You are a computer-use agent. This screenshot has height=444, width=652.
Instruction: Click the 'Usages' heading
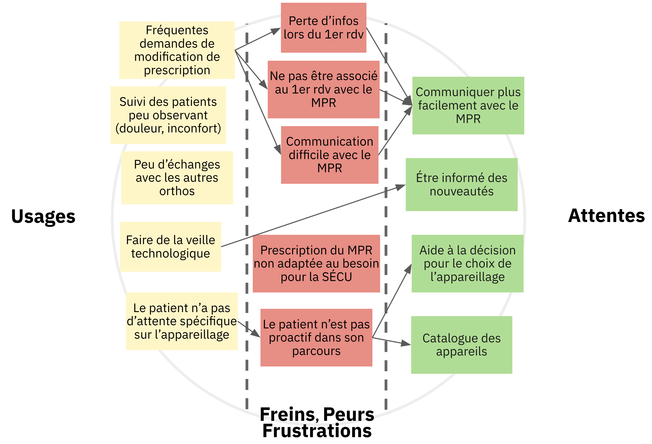tap(43, 216)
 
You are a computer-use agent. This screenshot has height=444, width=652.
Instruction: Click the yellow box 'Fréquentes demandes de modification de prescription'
tap(177, 50)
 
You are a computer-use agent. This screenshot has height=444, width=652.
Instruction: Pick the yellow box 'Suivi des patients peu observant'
tap(168, 115)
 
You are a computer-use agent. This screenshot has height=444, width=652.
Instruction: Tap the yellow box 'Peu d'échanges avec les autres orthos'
tap(177, 178)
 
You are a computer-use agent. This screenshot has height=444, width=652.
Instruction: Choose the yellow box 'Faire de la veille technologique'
tap(171, 247)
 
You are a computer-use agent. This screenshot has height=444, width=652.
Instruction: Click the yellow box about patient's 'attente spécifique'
tap(182, 321)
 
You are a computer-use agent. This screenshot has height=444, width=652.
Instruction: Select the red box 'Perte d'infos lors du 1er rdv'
tap(323, 27)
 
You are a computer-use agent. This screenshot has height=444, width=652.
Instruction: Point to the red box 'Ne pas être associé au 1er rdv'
tap(323, 89)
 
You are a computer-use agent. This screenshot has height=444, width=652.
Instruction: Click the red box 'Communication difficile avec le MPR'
tap(330, 155)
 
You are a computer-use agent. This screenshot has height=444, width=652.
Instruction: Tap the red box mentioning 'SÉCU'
tap(316, 264)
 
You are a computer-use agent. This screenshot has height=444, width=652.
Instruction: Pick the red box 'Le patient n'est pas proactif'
tap(316, 337)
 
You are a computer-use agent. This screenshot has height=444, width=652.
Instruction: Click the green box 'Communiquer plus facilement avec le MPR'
tap(468, 105)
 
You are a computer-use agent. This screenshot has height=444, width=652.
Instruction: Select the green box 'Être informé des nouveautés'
tap(462, 184)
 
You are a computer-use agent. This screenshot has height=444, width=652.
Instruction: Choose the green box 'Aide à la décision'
tap(467, 264)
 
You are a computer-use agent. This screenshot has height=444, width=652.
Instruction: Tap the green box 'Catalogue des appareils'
tap(462, 345)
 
